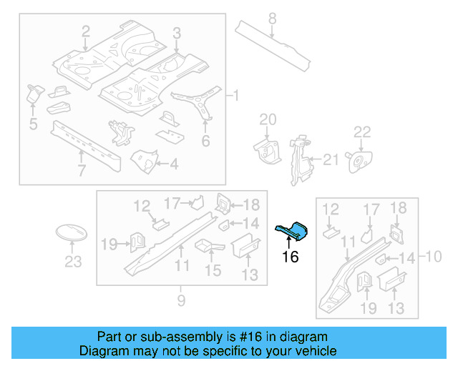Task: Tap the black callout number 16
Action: tap(290, 257)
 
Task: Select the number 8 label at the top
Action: tap(272, 18)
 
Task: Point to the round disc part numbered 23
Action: tap(72, 234)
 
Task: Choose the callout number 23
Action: tap(73, 262)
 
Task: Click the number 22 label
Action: tap(363, 132)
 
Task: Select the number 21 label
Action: tap(330, 159)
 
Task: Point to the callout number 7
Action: tap(82, 170)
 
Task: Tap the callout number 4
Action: tap(174, 164)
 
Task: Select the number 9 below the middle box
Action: tap(181, 301)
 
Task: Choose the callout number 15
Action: tap(213, 270)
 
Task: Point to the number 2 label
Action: tap(85, 31)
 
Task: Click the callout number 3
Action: tap(177, 31)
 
